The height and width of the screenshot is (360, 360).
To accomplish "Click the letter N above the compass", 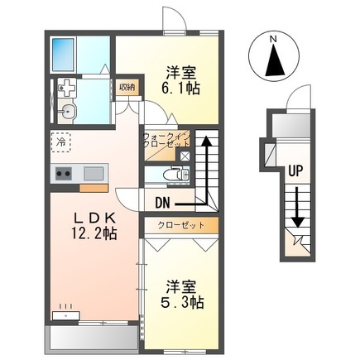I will pyautogui.click(x=275, y=39).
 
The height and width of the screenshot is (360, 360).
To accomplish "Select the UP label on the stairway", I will pyautogui.click(x=294, y=172).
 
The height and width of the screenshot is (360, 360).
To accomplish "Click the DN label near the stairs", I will pyautogui.click(x=162, y=199).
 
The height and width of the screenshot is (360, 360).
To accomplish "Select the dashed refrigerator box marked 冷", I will pyautogui.click(x=61, y=142).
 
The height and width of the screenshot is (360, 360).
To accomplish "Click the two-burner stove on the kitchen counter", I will pyautogui.click(x=64, y=173).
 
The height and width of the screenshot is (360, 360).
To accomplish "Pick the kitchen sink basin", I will pyautogui.click(x=94, y=173).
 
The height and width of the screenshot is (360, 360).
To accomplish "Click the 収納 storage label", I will pyautogui.click(x=126, y=87).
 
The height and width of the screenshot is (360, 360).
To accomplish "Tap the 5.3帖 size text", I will pyautogui.click(x=184, y=303).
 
